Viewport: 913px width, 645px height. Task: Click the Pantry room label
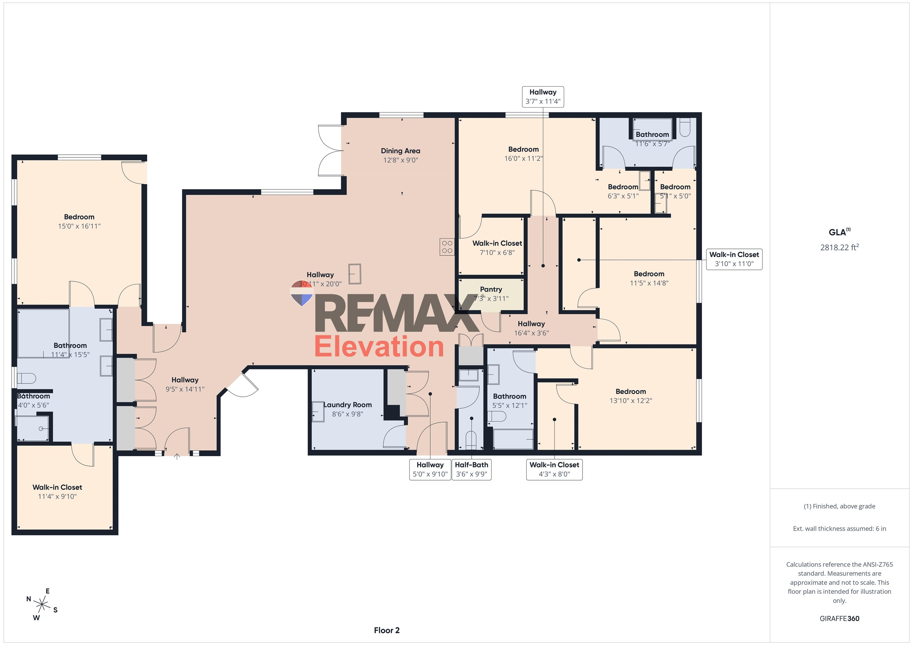pos(491,294)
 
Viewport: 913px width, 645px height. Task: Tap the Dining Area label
pos(400,155)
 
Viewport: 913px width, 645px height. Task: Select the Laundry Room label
pos(347,409)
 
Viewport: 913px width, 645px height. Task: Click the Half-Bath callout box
pos(472,469)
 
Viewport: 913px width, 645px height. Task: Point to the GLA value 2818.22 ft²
pos(839,247)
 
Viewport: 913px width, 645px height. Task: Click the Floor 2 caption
pos(387,630)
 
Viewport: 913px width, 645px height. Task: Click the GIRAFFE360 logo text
pos(839,618)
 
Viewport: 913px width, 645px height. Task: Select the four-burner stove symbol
pos(447,246)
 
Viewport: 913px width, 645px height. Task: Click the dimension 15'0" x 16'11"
pos(79,226)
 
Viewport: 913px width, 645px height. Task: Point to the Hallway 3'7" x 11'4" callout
pos(543,97)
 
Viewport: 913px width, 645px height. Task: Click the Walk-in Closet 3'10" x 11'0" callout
pos(734,259)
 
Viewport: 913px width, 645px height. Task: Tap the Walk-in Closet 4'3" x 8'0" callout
pos(554,469)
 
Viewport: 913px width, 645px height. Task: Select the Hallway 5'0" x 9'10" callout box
pos(430,469)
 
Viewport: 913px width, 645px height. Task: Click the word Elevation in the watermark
pos(379,347)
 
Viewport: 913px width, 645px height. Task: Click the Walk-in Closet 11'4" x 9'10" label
pos(57,491)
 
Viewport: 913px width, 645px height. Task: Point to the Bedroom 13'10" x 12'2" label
pos(631,396)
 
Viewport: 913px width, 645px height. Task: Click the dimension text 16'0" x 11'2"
pos(523,159)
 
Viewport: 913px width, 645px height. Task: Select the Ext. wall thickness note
pos(839,529)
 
